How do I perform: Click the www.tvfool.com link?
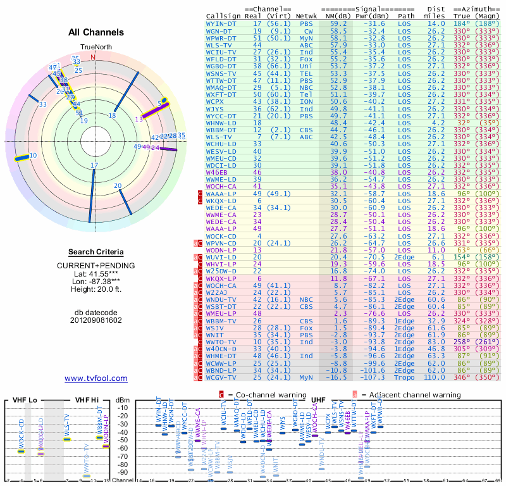[x=96, y=378]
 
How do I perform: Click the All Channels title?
[x=96, y=32]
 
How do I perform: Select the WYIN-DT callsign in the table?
[x=221, y=23]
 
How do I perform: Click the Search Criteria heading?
[x=96, y=252]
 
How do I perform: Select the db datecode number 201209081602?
[x=96, y=320]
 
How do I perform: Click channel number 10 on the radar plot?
[x=33, y=155]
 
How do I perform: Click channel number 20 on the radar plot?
[x=118, y=185]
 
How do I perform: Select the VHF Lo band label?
[x=23, y=400]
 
